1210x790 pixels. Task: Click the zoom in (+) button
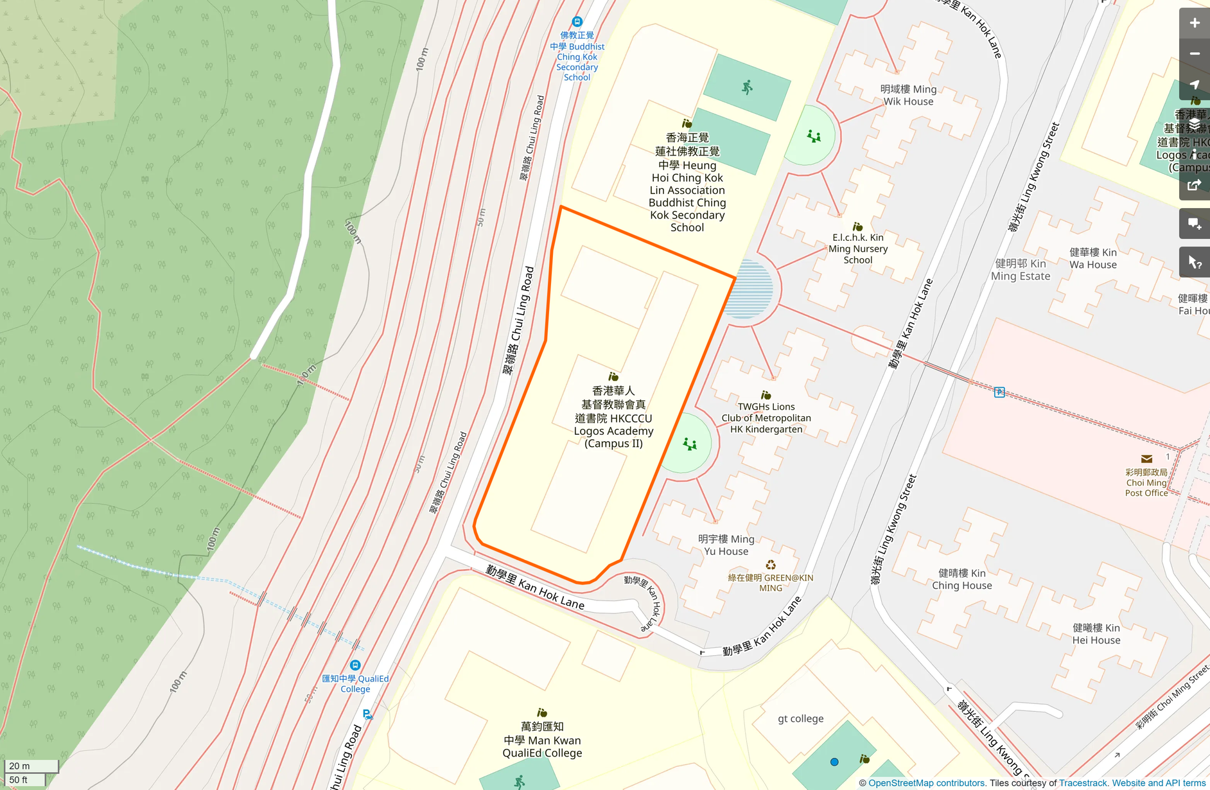pyautogui.click(x=1194, y=23)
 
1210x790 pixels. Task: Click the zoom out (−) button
pyautogui.click(x=1194, y=54)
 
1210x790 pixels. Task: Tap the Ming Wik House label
pyautogui.click(x=908, y=95)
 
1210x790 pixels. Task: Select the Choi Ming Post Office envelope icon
pyautogui.click(x=1146, y=459)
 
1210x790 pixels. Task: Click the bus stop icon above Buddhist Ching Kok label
pyautogui.click(x=577, y=22)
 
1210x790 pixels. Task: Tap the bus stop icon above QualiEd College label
pyautogui.click(x=355, y=665)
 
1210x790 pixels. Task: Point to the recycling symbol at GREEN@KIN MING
pyautogui.click(x=770, y=565)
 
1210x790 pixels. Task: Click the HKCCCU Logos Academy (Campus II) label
pyautogui.click(x=613, y=417)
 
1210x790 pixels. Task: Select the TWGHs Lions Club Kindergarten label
pyautogui.click(x=766, y=417)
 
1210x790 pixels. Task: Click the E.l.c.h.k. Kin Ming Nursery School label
pyautogui.click(x=857, y=249)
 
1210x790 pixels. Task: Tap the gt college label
pyautogui.click(x=800, y=719)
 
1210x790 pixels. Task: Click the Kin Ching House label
pyautogui.click(x=961, y=579)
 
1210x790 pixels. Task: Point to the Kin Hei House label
pyautogui.click(x=1096, y=634)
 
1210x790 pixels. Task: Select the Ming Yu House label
pyautogui.click(x=726, y=545)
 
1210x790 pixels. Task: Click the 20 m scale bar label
pyautogui.click(x=19, y=766)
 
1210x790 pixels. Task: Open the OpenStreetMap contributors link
pyautogui.click(x=926, y=783)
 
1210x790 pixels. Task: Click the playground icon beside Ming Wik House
pyautogui.click(x=814, y=136)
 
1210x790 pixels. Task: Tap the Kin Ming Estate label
pyautogui.click(x=1020, y=270)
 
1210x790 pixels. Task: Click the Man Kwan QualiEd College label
pyautogui.click(x=542, y=740)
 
